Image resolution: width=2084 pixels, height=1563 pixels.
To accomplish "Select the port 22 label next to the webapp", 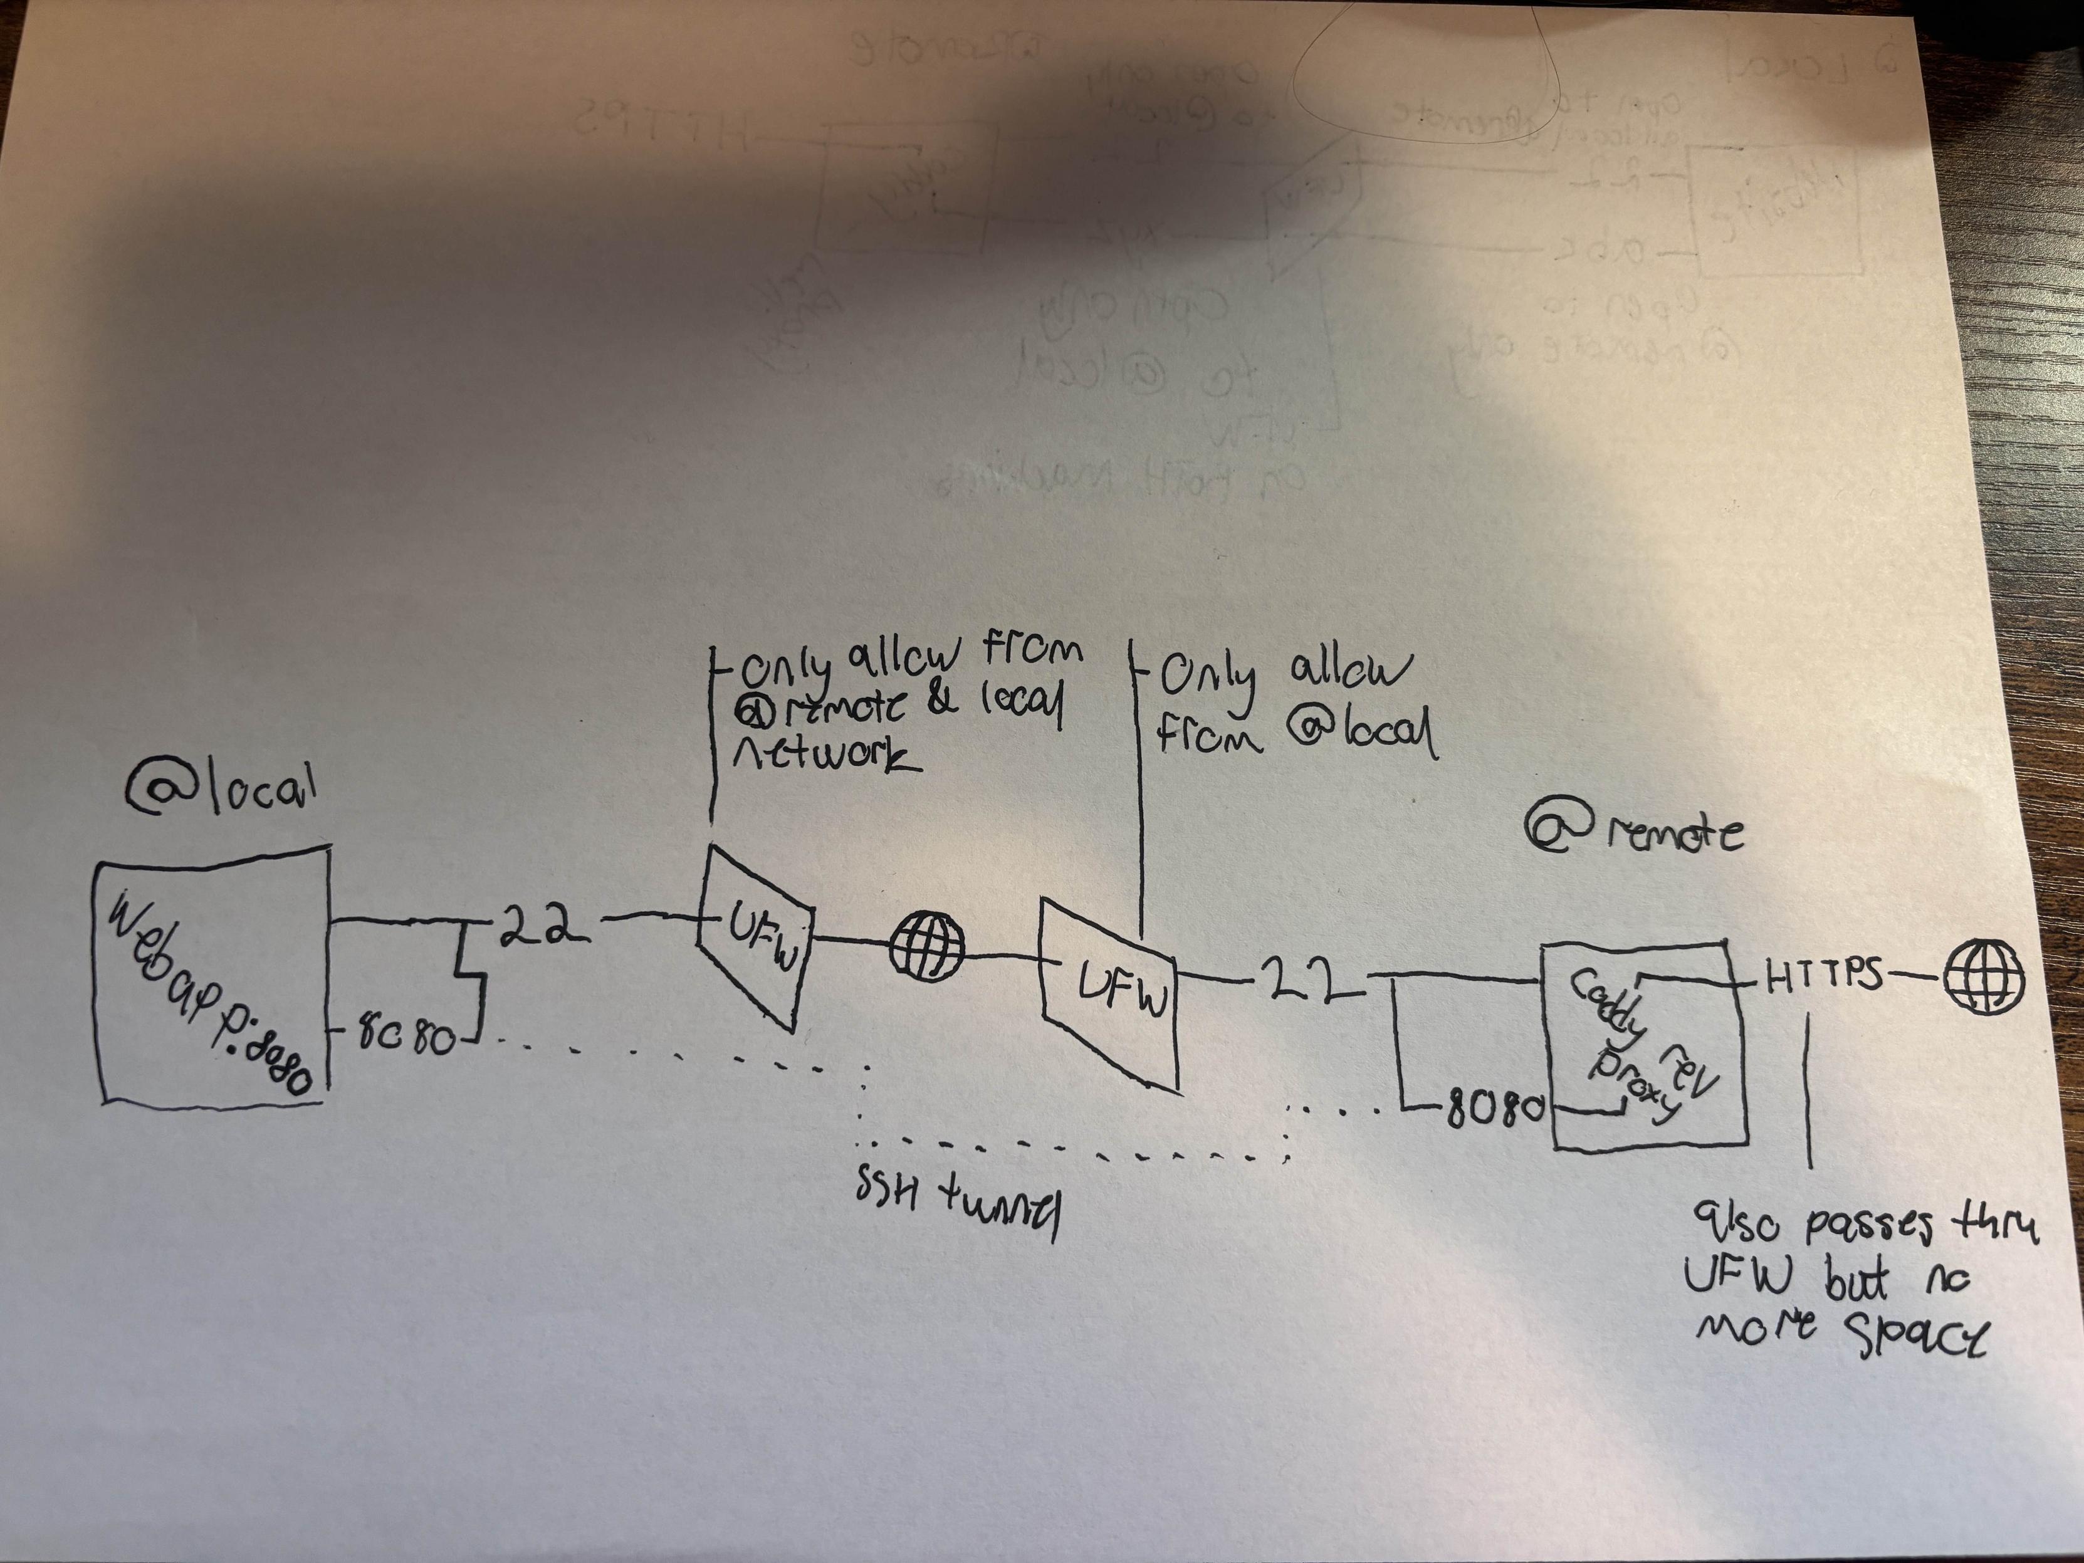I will (x=538, y=926).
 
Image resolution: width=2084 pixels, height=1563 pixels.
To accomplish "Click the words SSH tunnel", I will (x=957, y=1211).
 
